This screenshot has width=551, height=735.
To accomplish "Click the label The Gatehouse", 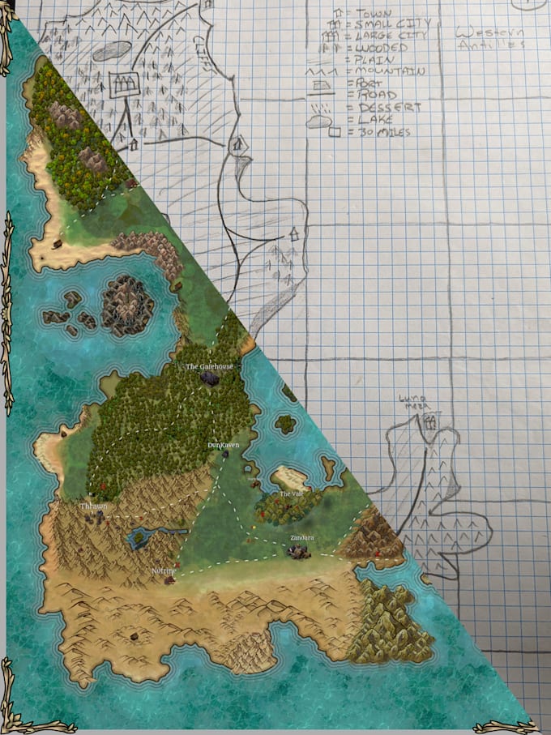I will tap(209, 367).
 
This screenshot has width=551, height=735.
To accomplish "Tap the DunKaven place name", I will tap(223, 446).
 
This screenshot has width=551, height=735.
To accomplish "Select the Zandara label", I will tap(301, 537).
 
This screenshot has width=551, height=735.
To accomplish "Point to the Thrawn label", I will tap(94, 506).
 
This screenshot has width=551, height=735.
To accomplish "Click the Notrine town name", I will tap(164, 571).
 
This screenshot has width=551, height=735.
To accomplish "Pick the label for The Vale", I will tap(290, 494).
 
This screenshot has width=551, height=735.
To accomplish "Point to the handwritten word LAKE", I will tap(366, 120).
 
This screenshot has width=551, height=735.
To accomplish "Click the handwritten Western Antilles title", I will tap(490, 37).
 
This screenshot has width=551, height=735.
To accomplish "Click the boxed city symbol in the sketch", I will tap(124, 83).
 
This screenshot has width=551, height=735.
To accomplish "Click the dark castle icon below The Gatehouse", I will tap(210, 378).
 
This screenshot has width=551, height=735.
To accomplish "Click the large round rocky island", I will tap(127, 306).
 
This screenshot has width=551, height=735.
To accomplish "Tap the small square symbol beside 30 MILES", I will tap(334, 132).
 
